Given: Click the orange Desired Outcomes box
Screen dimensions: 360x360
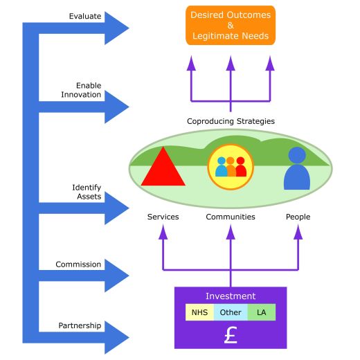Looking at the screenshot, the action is tap(231, 26).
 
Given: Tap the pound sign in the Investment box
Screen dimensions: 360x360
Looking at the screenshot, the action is tap(231, 335).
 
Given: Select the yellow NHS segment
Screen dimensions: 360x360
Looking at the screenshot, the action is tap(199, 312).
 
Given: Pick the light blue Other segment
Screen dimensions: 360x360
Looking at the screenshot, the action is tap(231, 312).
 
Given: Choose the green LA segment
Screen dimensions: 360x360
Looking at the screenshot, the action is tap(262, 312).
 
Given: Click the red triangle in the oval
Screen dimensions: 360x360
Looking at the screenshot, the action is tap(163, 168).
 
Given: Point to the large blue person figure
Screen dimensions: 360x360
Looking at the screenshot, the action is tap(297, 168).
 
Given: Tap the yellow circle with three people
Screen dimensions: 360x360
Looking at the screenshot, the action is tap(231, 167).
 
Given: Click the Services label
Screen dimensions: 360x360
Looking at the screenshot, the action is tap(163, 217).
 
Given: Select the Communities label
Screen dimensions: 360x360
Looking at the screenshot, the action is tap(231, 217).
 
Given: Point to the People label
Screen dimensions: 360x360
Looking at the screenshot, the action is tap(298, 217).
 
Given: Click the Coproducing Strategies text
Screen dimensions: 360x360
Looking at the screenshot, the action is tap(231, 121).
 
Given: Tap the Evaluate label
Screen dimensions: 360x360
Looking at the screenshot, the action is tap(85, 16).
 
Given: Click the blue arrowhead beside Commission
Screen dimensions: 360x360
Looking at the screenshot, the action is tap(116, 276).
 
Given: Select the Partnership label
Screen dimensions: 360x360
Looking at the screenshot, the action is tap(80, 325).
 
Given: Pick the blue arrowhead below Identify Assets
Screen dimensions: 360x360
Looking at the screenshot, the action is tap(116, 208).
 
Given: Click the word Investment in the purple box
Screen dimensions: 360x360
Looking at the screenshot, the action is tap(231, 296).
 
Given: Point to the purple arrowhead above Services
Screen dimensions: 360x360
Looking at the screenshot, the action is tap(163, 232).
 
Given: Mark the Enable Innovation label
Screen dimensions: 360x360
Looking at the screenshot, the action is tap(81, 90).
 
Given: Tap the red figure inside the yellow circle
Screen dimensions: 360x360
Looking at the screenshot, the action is tap(241, 167).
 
